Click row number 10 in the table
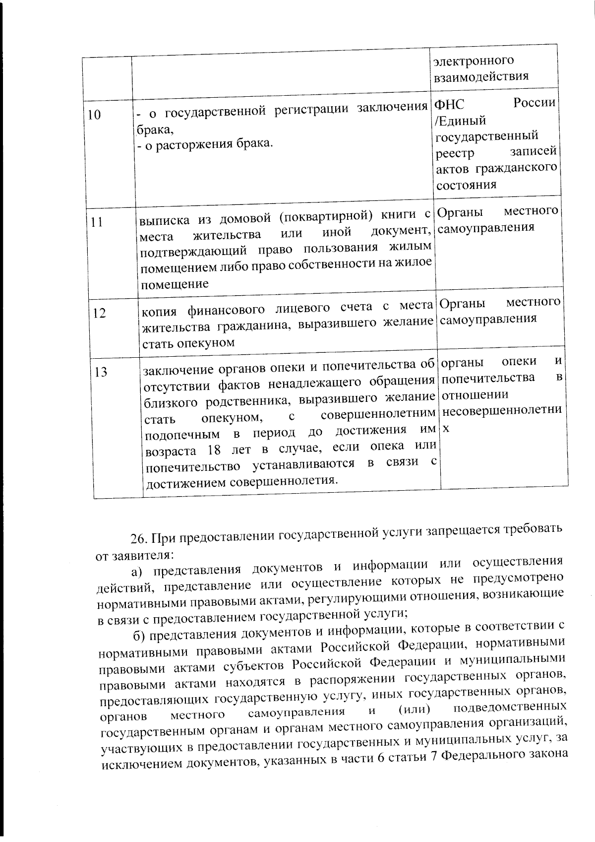(x=94, y=115)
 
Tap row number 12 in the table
(x=99, y=314)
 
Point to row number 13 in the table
(x=101, y=372)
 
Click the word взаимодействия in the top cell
(x=481, y=76)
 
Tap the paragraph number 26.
(x=138, y=538)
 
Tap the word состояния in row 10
(x=466, y=185)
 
